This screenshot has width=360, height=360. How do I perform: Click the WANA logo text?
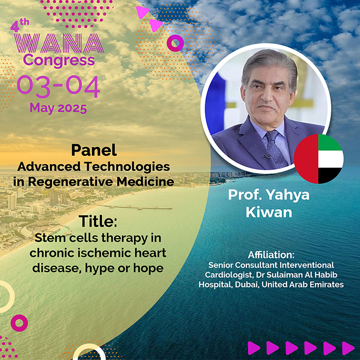coord(59,43)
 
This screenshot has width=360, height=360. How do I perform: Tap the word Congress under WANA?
coord(59,60)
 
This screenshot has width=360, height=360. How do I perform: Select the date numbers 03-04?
coord(58,86)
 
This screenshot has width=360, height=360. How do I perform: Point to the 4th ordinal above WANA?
coord(20,25)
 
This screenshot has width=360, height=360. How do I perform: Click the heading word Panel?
coord(94,150)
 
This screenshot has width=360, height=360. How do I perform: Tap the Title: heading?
coord(98,221)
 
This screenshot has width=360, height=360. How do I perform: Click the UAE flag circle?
coord(319,158)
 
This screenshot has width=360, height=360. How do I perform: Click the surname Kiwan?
coord(269,212)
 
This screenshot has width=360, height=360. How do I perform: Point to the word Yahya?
coord(287,195)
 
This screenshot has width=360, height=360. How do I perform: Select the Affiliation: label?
coord(271,255)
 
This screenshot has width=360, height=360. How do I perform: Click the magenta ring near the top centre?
coord(175,43)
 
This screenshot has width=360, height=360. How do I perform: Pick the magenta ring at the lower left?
coord(20,323)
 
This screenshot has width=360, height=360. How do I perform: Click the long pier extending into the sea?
coord(135,207)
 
